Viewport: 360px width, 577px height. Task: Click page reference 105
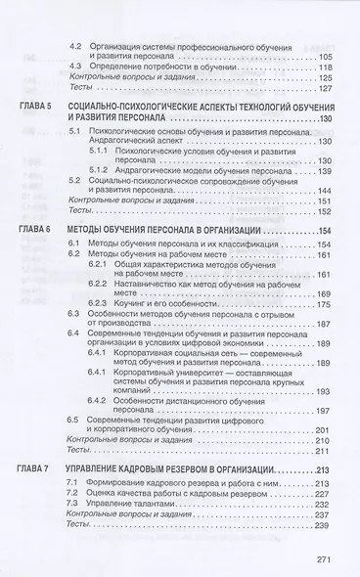coord(326,57)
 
